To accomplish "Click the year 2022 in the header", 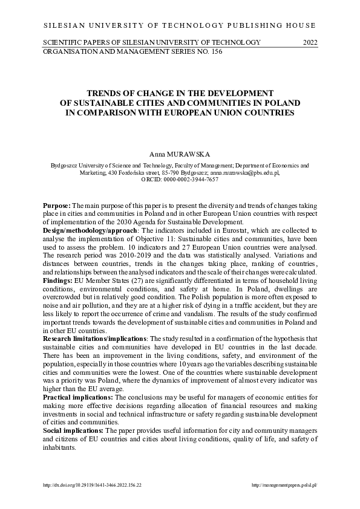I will [309, 42].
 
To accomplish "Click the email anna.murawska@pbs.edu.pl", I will [244, 172].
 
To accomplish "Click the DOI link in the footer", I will [91, 485].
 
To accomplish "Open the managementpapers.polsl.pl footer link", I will [284, 485].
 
